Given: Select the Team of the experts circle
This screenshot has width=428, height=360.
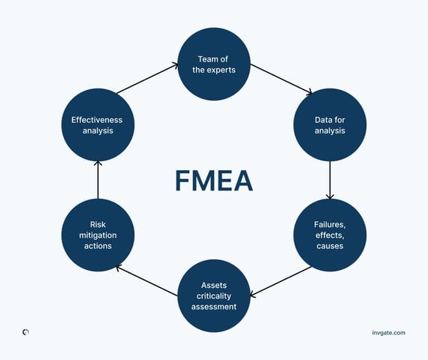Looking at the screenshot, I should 214,64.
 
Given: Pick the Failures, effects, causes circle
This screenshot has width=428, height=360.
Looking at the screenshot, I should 330,235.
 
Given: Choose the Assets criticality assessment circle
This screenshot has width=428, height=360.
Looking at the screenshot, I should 214,295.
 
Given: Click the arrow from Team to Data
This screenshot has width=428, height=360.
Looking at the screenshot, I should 280,79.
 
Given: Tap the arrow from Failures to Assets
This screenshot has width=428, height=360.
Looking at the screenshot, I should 280,280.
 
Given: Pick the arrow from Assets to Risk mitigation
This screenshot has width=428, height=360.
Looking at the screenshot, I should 147,280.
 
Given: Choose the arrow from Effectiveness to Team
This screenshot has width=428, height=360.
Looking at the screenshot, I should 147,79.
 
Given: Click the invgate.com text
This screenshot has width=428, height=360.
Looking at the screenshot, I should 389,331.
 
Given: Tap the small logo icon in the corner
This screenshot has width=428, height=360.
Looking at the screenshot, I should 26,331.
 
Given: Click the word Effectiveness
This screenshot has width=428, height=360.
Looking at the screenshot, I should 97,119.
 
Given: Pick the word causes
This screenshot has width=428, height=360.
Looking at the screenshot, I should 330,245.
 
